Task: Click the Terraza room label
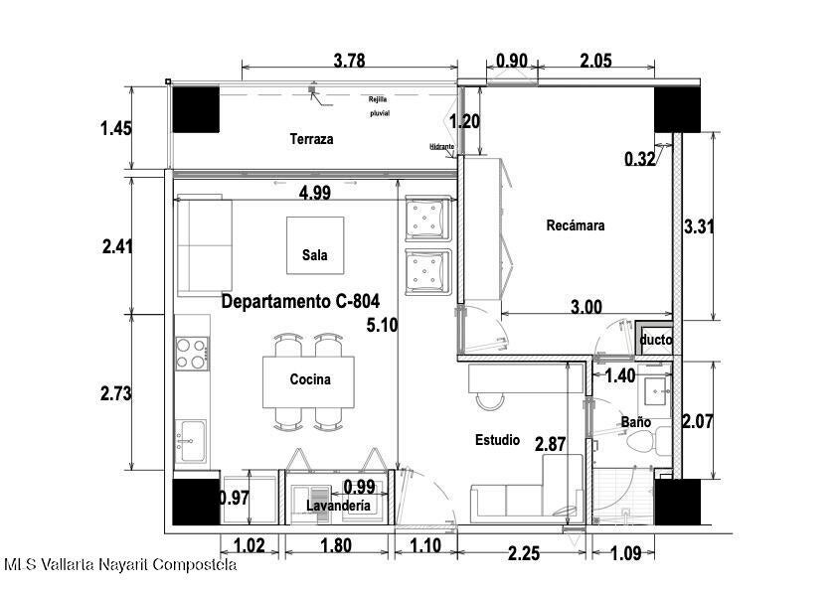[312, 139]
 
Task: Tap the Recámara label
[576, 225]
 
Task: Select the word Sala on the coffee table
[315, 255]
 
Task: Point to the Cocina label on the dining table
[310, 379]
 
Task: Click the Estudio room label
[497, 440]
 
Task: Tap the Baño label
[636, 422]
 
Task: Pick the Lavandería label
[338, 506]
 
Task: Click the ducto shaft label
[656, 340]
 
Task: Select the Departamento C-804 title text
[300, 301]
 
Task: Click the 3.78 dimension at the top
[350, 61]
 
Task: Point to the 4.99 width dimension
[315, 193]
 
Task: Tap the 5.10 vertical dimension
[382, 325]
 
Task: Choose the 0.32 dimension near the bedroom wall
[640, 158]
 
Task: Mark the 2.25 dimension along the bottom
[524, 553]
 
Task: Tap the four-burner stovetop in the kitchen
[192, 353]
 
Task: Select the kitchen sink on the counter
[191, 441]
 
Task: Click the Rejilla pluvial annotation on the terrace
[380, 106]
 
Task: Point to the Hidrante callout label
[442, 147]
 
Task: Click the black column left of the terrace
[196, 109]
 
